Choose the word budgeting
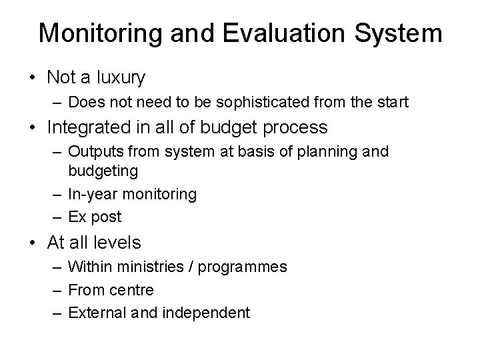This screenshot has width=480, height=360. (x=103, y=171)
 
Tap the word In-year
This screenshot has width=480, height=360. (x=92, y=195)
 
